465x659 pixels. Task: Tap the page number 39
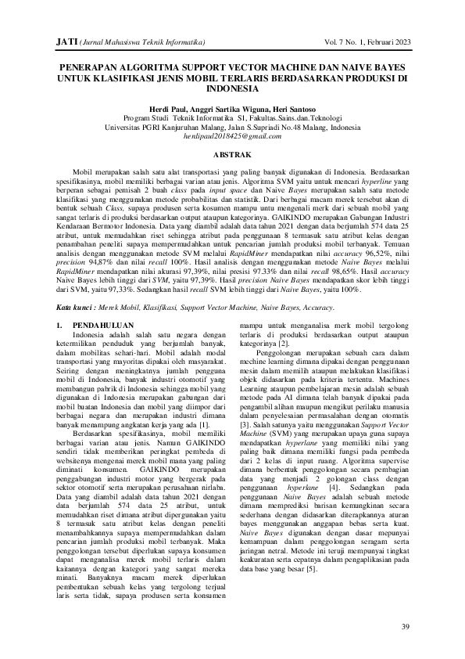(404, 627)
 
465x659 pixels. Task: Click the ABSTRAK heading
(232, 156)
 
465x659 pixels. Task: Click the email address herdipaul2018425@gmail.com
(232, 136)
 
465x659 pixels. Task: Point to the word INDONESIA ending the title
(232, 90)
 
